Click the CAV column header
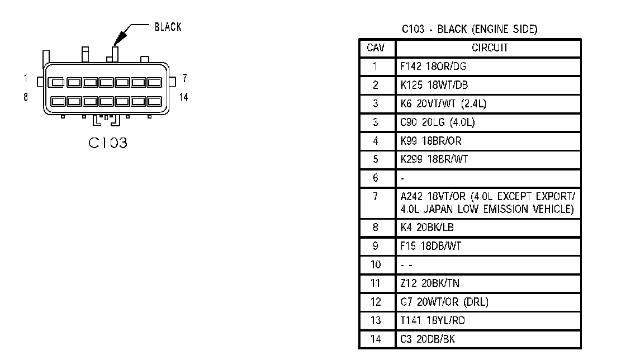point(375,48)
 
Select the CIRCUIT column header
point(490,48)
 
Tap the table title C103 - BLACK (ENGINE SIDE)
point(469,29)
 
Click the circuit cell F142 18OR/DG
point(433,67)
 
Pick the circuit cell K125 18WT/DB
point(434,85)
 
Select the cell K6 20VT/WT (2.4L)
point(443,104)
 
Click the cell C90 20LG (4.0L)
point(438,122)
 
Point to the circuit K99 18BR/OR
point(431,141)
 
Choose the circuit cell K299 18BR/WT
point(434,159)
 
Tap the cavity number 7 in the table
point(375,196)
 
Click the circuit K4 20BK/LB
point(427,228)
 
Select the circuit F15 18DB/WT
point(431,246)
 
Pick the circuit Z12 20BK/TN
point(430,283)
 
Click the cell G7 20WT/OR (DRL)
point(444,302)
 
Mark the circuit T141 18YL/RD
point(433,320)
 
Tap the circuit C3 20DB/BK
point(428,339)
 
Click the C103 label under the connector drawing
point(108,143)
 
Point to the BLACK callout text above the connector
point(168,27)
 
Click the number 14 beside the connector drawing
point(184,97)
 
